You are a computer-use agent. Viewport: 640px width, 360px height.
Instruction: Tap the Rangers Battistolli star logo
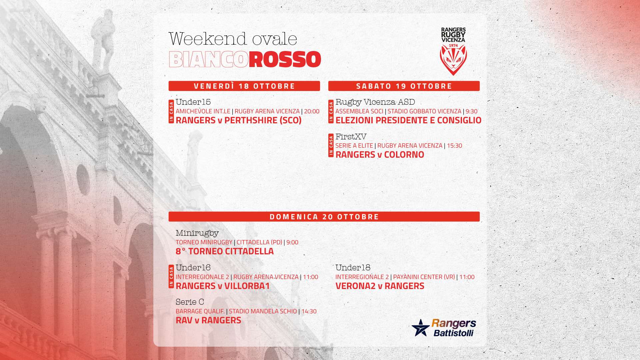pos(420,328)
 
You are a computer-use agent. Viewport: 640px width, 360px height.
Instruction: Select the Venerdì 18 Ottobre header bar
pos(244,86)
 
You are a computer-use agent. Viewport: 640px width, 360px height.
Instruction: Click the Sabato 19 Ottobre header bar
pos(404,86)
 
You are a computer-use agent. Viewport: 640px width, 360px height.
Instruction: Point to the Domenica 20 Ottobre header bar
pos(324,217)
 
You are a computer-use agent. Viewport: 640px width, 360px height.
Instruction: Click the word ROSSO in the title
pos(285,60)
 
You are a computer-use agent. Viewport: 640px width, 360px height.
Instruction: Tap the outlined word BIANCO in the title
pos(209,60)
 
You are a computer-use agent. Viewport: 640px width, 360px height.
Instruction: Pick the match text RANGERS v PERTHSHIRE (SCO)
pos(239,120)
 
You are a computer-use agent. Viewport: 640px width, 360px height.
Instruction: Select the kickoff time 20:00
pos(312,111)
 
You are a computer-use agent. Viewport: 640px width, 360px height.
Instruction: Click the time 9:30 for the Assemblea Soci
pos(471,111)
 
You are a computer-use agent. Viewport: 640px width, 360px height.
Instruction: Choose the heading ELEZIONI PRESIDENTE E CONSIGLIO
pos(408,120)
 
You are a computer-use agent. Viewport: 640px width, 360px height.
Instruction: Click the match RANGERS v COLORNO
pos(380,155)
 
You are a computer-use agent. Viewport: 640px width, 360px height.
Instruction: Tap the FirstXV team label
pos(351,136)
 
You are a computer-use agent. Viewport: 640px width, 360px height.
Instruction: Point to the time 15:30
pos(454,146)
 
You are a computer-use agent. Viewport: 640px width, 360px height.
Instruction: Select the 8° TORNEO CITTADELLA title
pos(225,251)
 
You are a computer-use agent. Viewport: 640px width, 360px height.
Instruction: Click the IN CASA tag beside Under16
pos(171,277)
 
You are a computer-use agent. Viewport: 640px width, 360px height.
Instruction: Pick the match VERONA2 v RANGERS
pos(380,286)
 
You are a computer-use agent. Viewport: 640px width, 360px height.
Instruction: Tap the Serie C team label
pos(190,302)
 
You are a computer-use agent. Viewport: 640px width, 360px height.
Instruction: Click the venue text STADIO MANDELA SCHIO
pos(263,311)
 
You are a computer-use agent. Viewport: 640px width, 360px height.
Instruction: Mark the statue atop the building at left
pos(103,40)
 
